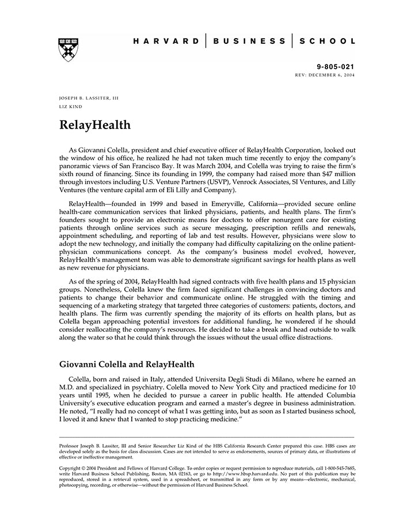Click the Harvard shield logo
[68, 50]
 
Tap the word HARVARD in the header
[166, 41]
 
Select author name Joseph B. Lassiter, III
[89, 99]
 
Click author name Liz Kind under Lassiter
[70, 107]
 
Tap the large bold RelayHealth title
[95, 125]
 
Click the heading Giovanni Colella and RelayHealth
[127, 364]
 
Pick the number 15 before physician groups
[314, 279]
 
